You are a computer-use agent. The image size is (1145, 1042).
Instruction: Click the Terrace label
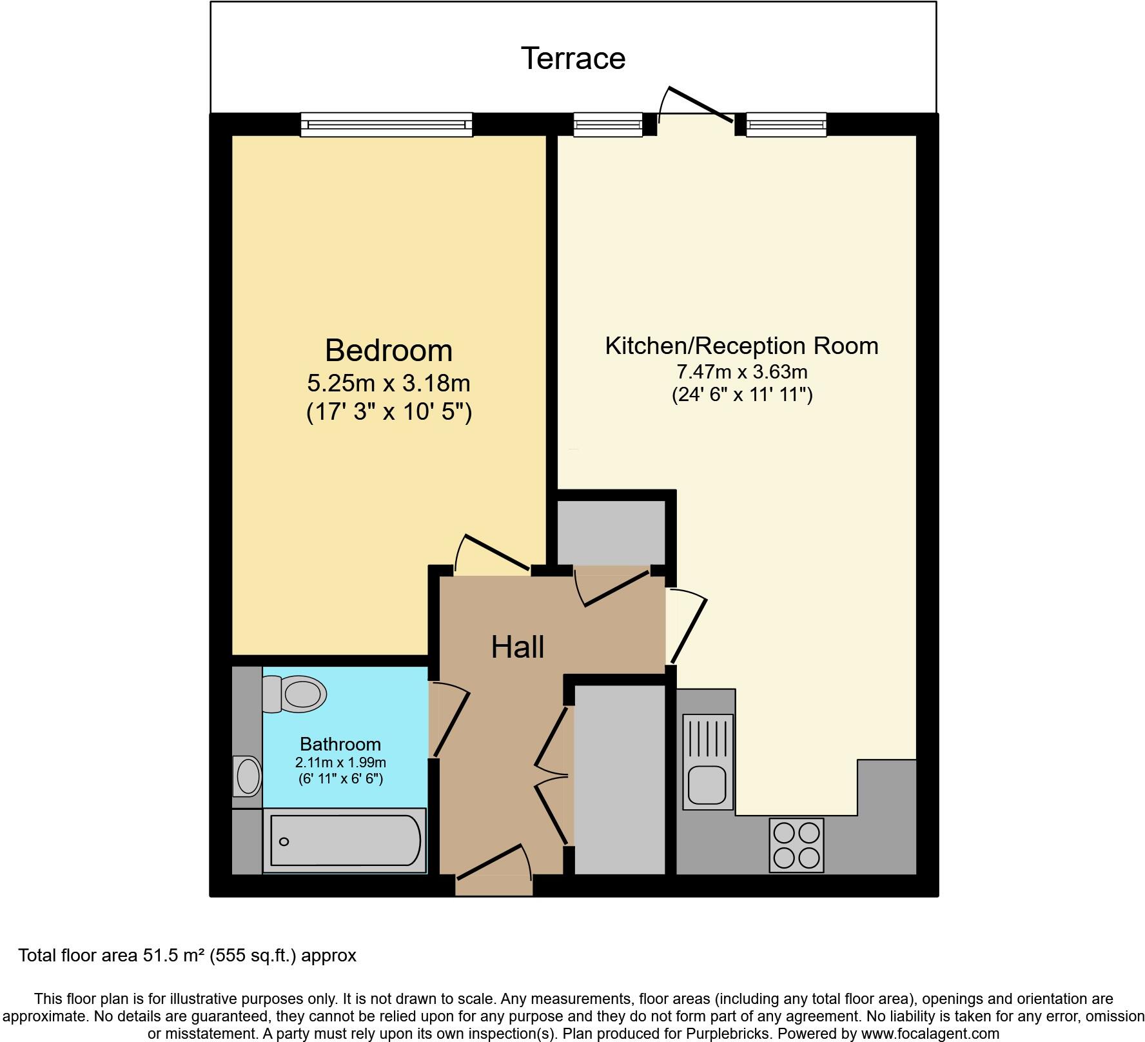pos(572,59)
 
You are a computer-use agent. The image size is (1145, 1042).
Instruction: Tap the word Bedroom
pos(388,351)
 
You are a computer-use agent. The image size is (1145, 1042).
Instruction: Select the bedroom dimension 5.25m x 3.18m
pos(388,384)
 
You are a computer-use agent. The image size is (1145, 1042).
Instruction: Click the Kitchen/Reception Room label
pos(741,346)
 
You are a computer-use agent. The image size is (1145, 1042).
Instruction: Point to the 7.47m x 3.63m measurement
pos(741,372)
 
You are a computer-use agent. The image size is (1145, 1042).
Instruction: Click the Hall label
pos(517,647)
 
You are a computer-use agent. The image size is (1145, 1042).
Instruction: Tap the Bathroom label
pos(340,744)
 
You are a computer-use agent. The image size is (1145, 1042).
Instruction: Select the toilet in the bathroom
pos(295,694)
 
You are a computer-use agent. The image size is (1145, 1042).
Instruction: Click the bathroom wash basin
pos(248,776)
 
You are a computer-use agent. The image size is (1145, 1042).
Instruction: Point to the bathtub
pos(345,840)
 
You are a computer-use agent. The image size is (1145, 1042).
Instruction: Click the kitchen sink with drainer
pos(708,762)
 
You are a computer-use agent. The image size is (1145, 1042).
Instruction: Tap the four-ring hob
pos(797,845)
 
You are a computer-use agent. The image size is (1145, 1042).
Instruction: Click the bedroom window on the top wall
pos(386,124)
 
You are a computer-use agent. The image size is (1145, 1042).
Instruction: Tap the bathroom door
pos(451,720)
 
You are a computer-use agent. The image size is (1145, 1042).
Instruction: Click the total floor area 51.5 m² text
pos(187,955)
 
